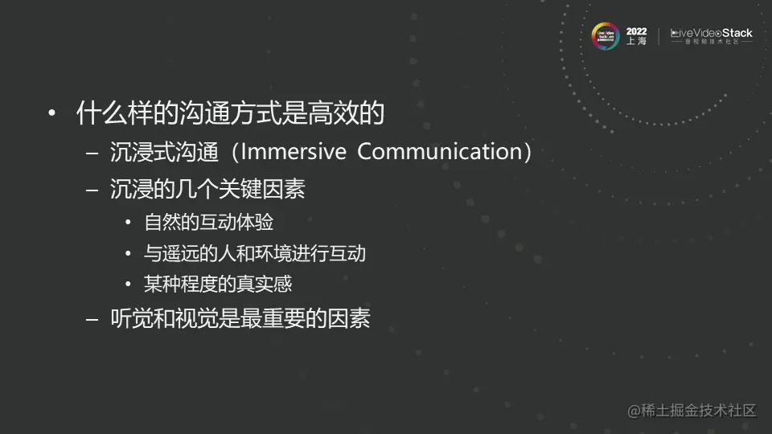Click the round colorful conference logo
[605, 35]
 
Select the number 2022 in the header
[636, 31]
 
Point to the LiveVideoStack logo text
[712, 33]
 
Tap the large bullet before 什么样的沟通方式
[52, 114]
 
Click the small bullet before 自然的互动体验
[128, 223]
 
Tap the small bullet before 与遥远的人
[128, 254]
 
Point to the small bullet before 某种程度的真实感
[128, 285]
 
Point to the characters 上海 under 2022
[636, 42]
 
